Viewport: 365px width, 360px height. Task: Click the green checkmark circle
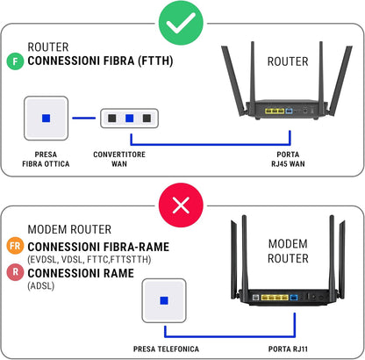[181, 23]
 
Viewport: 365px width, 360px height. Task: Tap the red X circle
[181, 205]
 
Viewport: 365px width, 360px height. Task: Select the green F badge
[15, 61]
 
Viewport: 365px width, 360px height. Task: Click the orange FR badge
[15, 245]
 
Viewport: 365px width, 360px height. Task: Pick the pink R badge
[15, 272]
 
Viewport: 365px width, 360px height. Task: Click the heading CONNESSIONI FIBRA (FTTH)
[100, 61]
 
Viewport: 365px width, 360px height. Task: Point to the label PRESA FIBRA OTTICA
[46, 159]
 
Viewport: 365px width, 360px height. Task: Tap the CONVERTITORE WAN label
[119, 159]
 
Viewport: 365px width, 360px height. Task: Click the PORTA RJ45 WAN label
[288, 159]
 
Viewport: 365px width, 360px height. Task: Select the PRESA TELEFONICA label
[166, 349]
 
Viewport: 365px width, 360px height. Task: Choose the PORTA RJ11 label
[288, 349]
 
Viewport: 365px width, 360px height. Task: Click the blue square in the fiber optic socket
[46, 119]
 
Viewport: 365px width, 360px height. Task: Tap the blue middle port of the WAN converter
[129, 119]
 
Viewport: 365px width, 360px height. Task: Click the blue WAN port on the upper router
[289, 111]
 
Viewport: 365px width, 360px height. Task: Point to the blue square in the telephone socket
[164, 300]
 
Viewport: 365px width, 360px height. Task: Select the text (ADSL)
[41, 285]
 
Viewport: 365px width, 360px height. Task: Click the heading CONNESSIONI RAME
[81, 273]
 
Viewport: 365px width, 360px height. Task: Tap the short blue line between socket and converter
[84, 119]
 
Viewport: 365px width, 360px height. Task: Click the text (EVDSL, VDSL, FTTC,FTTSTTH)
[89, 259]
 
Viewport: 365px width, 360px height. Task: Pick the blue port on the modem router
[293, 298]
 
